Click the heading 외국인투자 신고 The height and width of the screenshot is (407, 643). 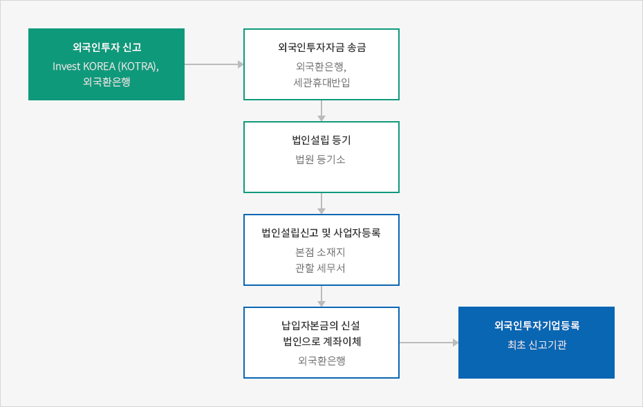[107, 47]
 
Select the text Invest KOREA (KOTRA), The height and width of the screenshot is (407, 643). [106, 66]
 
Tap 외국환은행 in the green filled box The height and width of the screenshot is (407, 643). [106, 82]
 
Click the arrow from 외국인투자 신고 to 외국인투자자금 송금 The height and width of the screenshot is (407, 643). [214, 64]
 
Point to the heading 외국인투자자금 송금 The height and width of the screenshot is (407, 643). [321, 47]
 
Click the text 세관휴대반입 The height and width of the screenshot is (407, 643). [321, 82]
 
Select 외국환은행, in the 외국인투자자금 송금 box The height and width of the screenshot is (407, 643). [321, 66]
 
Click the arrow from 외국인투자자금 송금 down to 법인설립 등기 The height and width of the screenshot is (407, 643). [321, 111]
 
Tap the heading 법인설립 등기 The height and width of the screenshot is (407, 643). [321, 140]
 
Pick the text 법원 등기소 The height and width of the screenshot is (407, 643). [320, 159]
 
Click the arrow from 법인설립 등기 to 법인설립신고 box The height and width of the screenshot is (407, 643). [321, 203]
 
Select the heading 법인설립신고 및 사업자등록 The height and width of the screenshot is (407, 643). [321, 233]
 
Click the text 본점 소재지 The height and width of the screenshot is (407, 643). [320, 252]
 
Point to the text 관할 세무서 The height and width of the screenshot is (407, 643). [320, 268]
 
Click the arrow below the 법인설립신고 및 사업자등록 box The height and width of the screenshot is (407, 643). [321, 296]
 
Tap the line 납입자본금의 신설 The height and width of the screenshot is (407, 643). [321, 326]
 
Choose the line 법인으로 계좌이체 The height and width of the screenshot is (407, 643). [322, 342]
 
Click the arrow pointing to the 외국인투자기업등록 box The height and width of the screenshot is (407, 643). [429, 343]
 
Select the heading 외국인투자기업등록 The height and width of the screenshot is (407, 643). [537, 326]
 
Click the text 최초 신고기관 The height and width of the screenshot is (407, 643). [537, 345]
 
